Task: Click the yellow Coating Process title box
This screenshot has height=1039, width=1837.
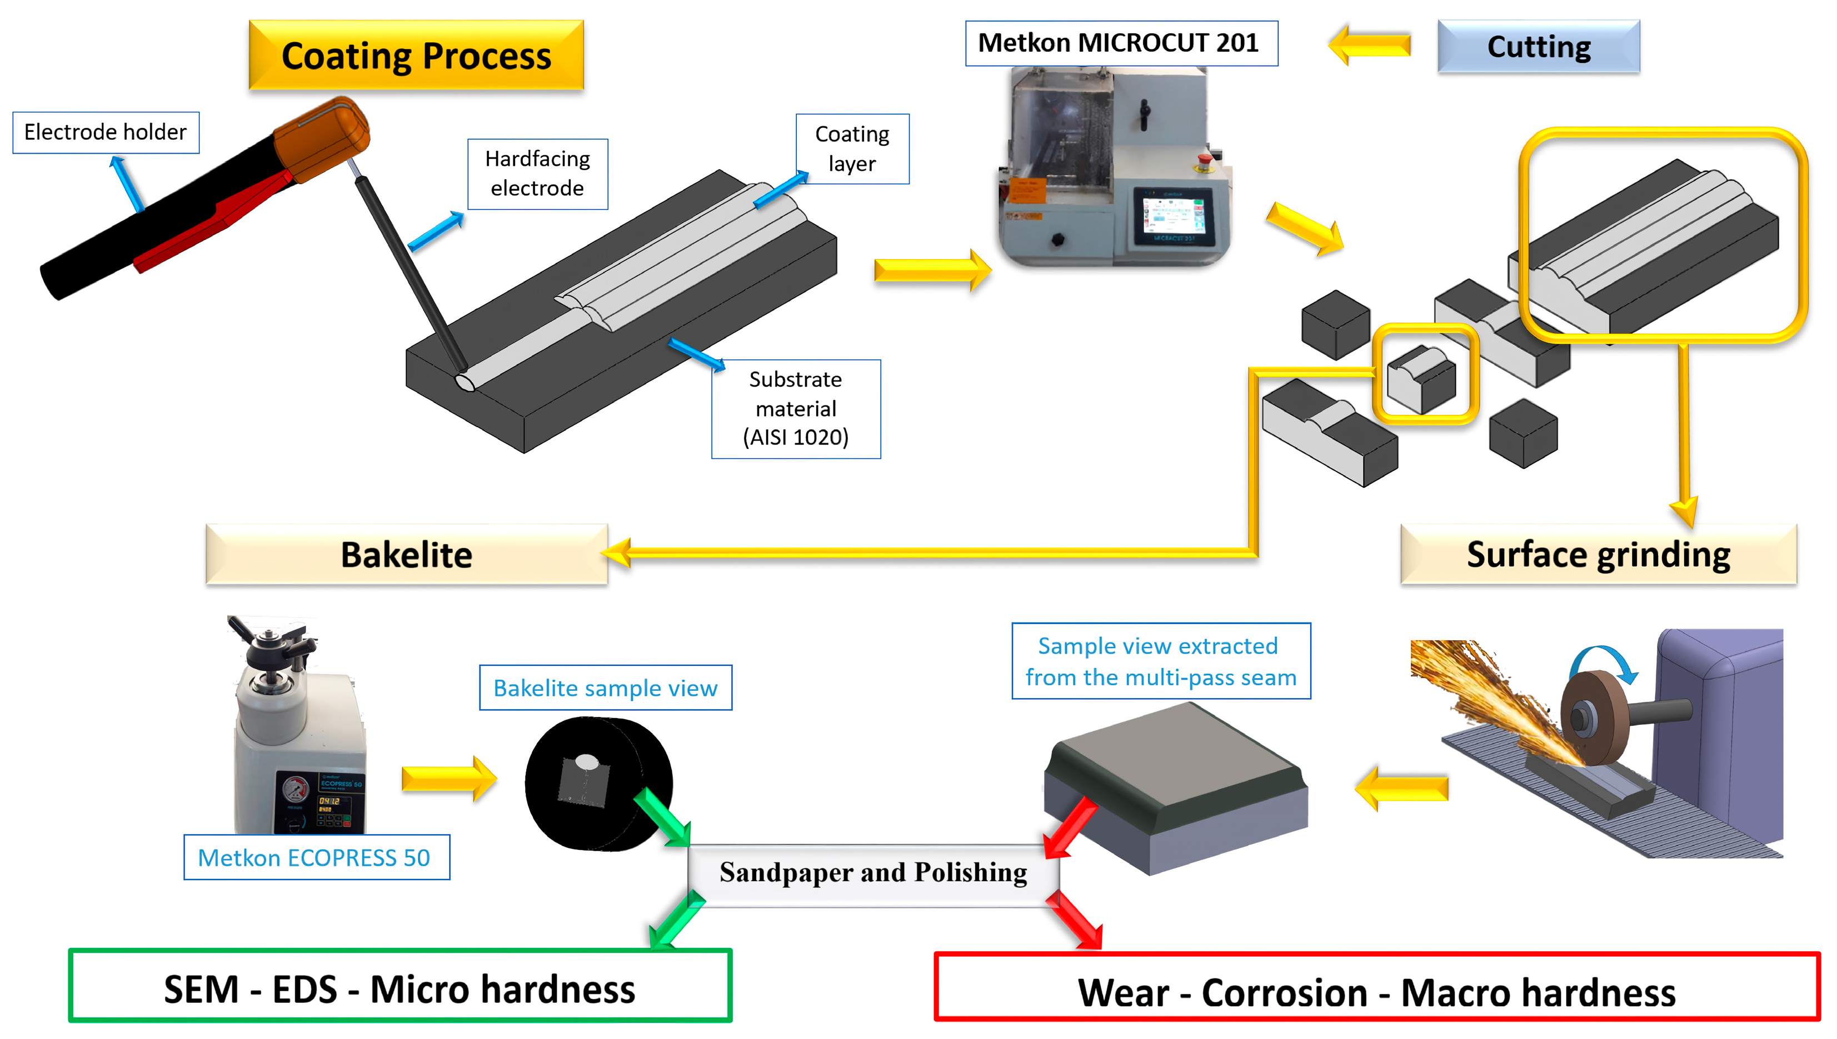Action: pyautogui.click(x=416, y=55)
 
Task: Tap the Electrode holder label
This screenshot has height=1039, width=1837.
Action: pyautogui.click(x=106, y=132)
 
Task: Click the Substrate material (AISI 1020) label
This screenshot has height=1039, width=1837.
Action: pyautogui.click(x=795, y=408)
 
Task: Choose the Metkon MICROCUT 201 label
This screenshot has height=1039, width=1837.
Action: pyautogui.click(x=1120, y=43)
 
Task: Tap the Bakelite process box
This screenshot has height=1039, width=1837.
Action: pyautogui.click(x=407, y=555)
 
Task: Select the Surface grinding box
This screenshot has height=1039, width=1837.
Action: pyautogui.click(x=1598, y=555)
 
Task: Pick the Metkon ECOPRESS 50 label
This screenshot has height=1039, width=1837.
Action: pyautogui.click(x=316, y=857)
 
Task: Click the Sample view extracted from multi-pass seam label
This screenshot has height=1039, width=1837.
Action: pyautogui.click(x=1160, y=661)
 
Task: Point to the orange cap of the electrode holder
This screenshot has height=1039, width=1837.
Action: pyautogui.click(x=322, y=139)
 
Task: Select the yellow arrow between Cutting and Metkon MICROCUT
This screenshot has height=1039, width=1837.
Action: pyautogui.click(x=1369, y=44)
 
